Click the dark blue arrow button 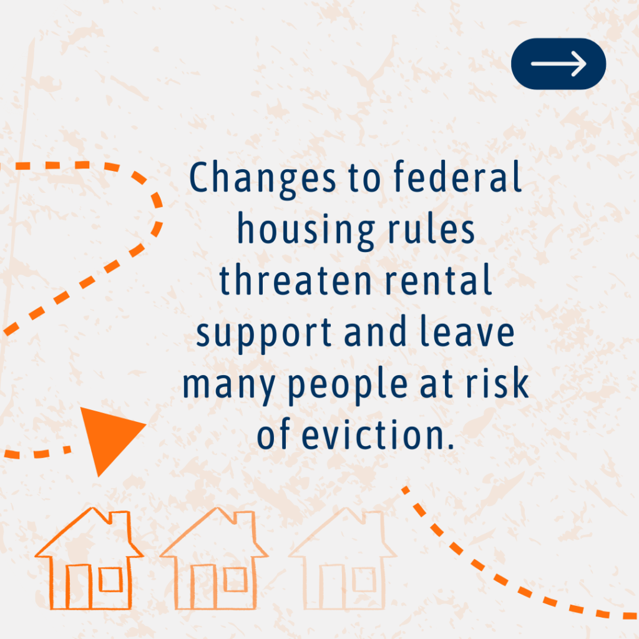tap(559, 64)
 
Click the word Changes tap(263, 179)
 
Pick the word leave tap(467, 331)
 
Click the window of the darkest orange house tap(110, 579)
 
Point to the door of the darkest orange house tap(78, 587)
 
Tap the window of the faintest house tap(364, 579)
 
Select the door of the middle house tap(203, 587)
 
